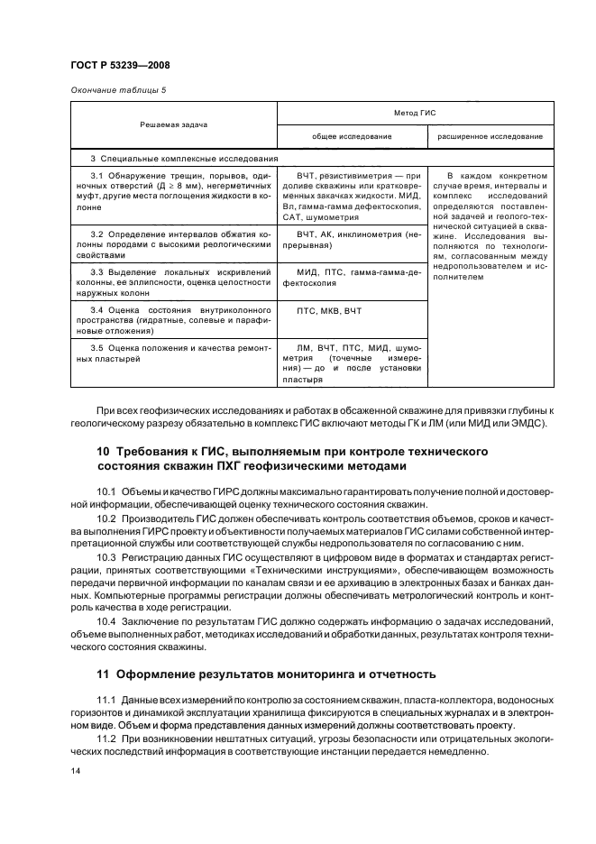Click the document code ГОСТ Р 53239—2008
pos(121,65)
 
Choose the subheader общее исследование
pos(352,136)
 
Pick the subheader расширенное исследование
pos(490,136)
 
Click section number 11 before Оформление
pos(102,674)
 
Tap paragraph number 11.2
pos(106,739)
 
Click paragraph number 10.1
pos(106,491)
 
